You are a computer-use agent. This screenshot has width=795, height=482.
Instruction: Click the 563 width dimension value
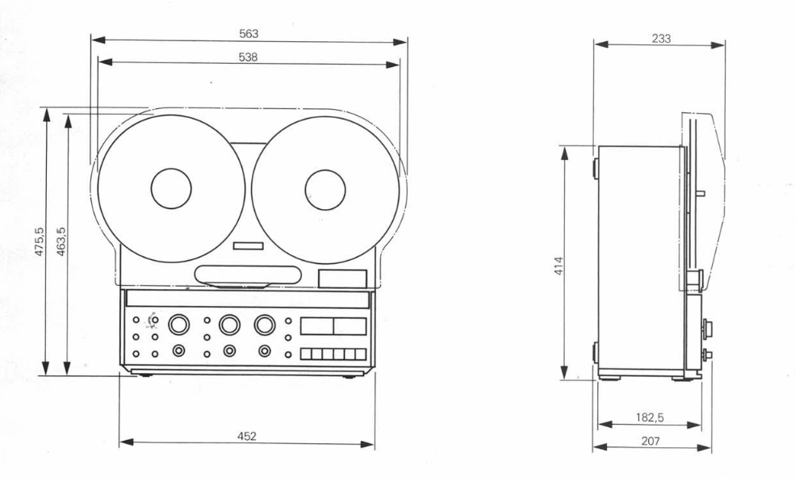(x=249, y=34)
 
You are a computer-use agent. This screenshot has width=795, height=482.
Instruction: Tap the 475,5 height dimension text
(x=39, y=241)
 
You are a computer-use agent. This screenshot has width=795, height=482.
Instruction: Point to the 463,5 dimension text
(x=61, y=241)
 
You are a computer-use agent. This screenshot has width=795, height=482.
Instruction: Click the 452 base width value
(x=247, y=436)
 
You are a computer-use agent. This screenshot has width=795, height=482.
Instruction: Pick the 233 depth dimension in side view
(x=661, y=38)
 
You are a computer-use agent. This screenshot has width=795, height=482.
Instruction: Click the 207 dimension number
(x=651, y=441)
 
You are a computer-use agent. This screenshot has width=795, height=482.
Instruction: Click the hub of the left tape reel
(x=171, y=189)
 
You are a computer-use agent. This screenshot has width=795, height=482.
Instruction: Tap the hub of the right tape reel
(x=324, y=189)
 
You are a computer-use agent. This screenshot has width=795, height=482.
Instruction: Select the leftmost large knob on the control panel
(x=178, y=325)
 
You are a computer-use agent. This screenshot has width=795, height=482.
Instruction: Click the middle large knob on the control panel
(x=230, y=325)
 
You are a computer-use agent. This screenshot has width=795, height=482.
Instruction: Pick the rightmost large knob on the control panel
(x=265, y=325)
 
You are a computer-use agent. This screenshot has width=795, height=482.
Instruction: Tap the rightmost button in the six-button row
(x=361, y=354)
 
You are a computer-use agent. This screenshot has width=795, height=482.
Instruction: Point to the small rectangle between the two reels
(x=249, y=245)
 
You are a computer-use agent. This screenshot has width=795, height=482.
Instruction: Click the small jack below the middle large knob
(x=230, y=350)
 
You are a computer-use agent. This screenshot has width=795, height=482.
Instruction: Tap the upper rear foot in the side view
(x=596, y=168)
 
